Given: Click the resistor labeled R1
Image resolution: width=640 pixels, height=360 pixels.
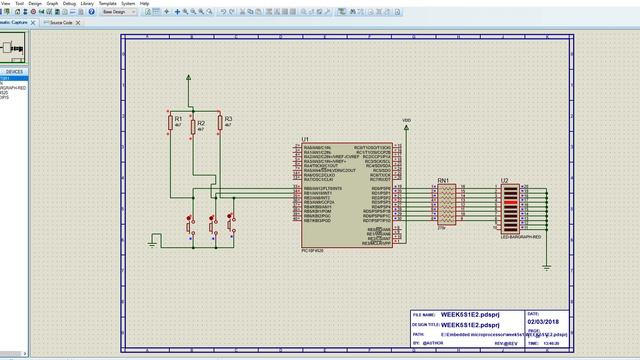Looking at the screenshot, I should (x=170, y=122).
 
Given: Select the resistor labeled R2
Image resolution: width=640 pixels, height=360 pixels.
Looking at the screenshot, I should (x=192, y=128).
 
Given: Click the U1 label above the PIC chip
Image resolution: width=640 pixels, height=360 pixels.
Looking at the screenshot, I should (x=305, y=140).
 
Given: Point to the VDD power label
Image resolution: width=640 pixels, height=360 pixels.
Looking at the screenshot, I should (x=406, y=121).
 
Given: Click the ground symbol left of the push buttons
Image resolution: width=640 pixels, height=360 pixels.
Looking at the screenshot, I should (x=153, y=240).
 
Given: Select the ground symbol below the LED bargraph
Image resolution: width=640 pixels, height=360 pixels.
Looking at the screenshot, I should (x=546, y=265).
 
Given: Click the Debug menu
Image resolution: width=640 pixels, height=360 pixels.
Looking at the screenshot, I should (x=69, y=3).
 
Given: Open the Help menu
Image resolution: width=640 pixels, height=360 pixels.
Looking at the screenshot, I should (x=144, y=3).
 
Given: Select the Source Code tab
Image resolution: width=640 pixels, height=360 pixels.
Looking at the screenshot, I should (x=61, y=21).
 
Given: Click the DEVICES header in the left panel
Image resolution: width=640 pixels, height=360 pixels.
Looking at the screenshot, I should (x=14, y=72).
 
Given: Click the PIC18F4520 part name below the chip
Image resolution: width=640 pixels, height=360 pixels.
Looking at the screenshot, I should (x=314, y=249).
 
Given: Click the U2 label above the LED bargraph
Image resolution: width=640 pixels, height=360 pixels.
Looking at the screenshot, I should (x=505, y=182).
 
